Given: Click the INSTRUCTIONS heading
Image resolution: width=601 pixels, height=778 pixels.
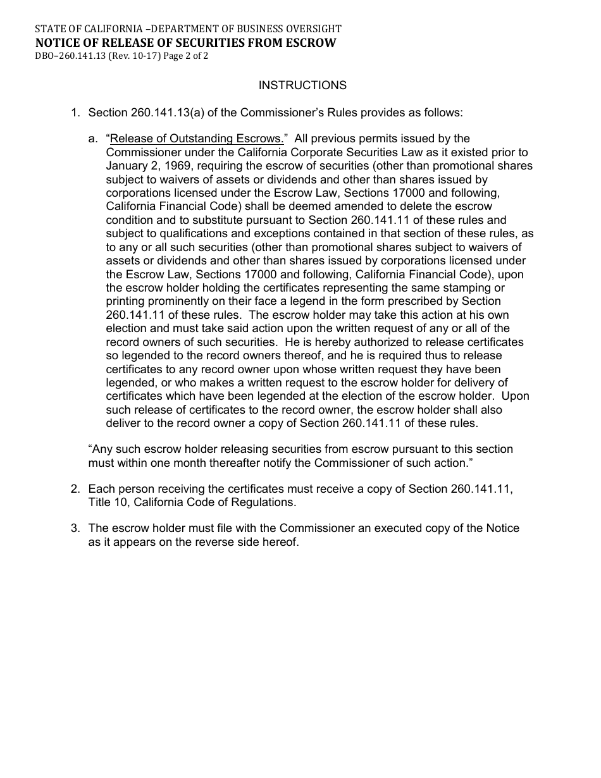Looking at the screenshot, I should [302, 85].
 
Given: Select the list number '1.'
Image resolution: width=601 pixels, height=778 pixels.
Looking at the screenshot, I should [75, 113].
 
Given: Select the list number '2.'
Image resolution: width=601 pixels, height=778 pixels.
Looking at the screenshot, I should [75, 489].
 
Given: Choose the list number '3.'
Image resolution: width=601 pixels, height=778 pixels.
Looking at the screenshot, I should [75, 528].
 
